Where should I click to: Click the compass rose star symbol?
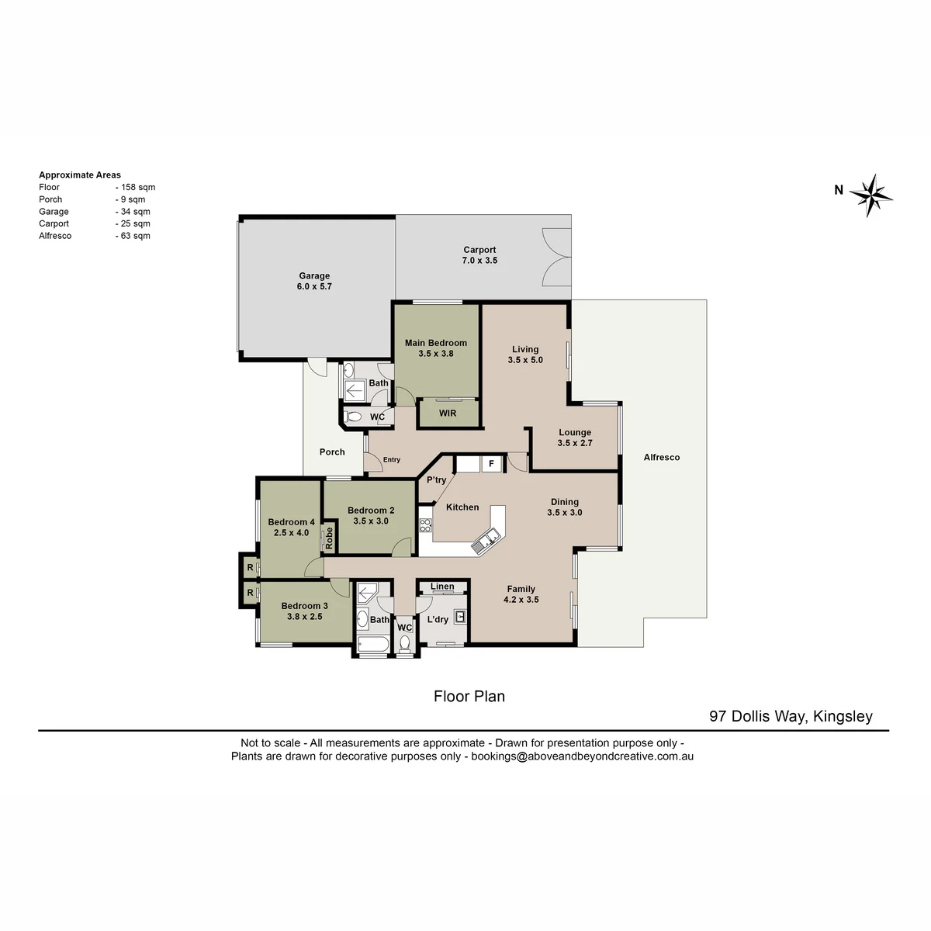pyautogui.click(x=870, y=196)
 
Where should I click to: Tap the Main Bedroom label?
pyautogui.click(x=436, y=343)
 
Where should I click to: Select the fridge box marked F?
pyautogui.click(x=491, y=464)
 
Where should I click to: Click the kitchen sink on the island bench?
pyautogui.click(x=487, y=540)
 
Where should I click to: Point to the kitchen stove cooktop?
pyautogui.click(x=425, y=525)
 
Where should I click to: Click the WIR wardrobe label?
pyautogui.click(x=448, y=414)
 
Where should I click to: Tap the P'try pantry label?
pyautogui.click(x=436, y=480)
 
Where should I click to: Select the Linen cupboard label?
pyautogui.click(x=442, y=587)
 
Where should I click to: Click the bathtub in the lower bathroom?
pyautogui.click(x=372, y=645)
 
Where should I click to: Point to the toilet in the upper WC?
pyautogui.click(x=354, y=417)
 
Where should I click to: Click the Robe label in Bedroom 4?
pyautogui.click(x=330, y=538)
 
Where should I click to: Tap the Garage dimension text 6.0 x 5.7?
pyautogui.click(x=314, y=286)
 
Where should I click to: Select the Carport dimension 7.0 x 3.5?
pyautogui.click(x=479, y=261)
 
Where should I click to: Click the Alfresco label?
pyautogui.click(x=662, y=458)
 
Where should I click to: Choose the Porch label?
pyautogui.click(x=332, y=452)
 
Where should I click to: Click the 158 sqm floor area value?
pyautogui.click(x=138, y=188)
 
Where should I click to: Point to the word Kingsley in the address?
pyautogui.click(x=843, y=717)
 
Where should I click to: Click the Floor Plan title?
pyautogui.click(x=469, y=696)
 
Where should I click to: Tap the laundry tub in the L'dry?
pyautogui.click(x=460, y=617)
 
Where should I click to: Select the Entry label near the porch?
pyautogui.click(x=391, y=459)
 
